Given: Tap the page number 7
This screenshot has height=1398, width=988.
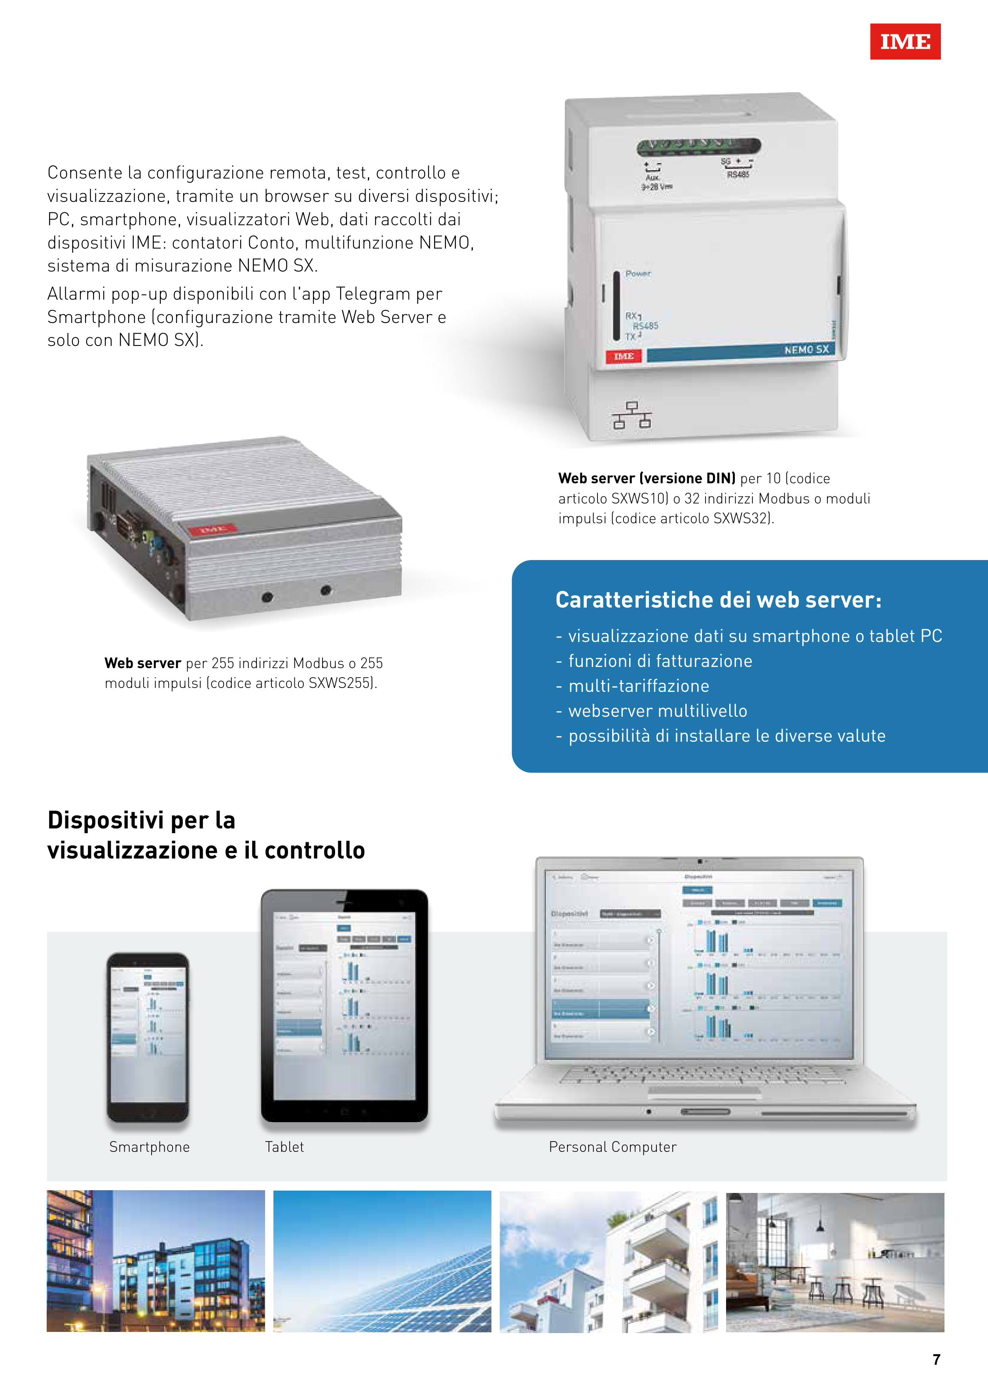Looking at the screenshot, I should click(936, 1359).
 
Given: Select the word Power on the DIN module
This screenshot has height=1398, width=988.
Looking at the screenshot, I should click(638, 274).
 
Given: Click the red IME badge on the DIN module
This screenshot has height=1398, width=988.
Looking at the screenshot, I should click(623, 356).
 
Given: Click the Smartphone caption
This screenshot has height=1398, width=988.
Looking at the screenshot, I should click(149, 1147).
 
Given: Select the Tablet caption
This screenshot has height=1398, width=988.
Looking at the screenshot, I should click(284, 1147).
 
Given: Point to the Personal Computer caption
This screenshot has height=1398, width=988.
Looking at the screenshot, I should click(613, 1147).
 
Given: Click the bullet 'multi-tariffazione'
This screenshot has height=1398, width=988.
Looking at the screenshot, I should click(639, 686).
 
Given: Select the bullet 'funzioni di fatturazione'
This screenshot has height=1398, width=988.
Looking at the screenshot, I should click(660, 661).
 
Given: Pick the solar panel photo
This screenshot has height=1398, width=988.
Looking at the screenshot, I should click(382, 1261).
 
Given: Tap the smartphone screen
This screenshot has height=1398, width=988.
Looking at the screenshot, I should click(148, 1035).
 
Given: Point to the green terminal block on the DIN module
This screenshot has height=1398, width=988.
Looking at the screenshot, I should click(699, 146).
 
